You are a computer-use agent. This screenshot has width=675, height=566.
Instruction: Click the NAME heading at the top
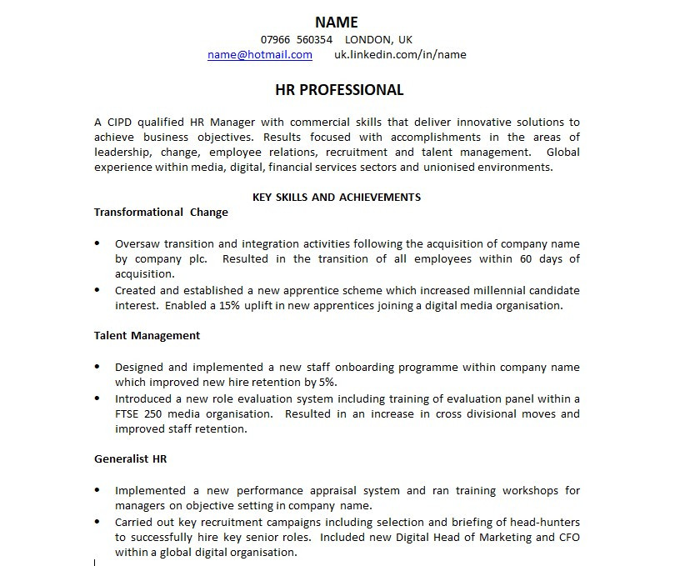coord(337,23)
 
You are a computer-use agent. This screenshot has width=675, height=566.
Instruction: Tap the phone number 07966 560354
coord(297,40)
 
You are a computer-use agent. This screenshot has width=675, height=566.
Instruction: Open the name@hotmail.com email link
coord(260,55)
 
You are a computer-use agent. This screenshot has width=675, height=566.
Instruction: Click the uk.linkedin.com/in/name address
coord(400,55)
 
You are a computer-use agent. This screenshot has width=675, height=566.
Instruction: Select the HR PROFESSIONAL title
coord(338,90)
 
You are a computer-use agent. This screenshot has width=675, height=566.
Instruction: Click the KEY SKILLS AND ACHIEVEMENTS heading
coord(337,198)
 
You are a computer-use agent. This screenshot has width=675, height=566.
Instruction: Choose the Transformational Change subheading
coord(161,213)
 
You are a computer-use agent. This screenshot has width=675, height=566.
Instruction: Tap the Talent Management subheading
coord(147,336)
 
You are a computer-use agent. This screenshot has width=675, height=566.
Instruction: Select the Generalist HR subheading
coord(131,459)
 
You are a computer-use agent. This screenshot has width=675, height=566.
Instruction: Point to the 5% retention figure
coord(327,383)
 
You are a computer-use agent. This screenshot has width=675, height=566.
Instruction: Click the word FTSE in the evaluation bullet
coord(129,414)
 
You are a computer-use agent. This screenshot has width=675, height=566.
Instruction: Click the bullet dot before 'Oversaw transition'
coord(97,244)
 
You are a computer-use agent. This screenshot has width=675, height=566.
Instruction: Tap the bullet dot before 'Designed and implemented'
coord(97,368)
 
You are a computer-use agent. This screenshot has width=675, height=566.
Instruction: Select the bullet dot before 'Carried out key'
coord(97,522)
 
